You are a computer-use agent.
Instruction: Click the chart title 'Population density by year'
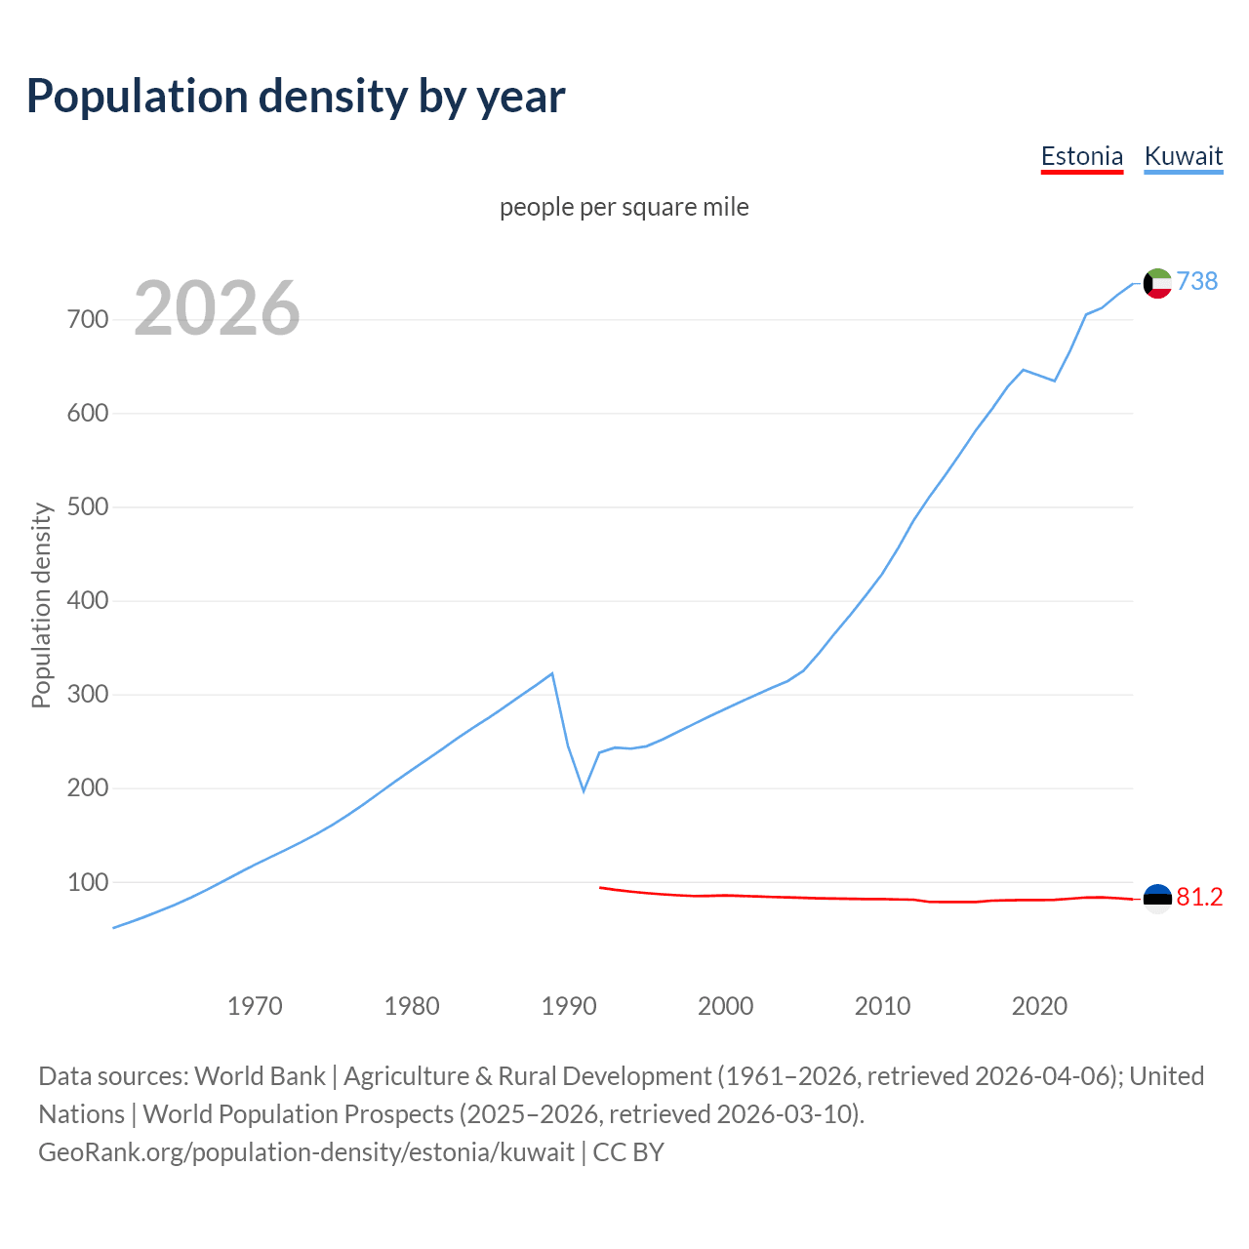(296, 96)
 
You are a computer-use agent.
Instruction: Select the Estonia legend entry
(1081, 156)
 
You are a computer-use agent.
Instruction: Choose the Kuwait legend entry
(1183, 156)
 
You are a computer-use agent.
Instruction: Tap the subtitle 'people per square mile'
(624, 207)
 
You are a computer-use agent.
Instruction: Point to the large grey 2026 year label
(217, 308)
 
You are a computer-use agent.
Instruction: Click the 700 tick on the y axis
(87, 319)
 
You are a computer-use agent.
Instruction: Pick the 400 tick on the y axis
(87, 600)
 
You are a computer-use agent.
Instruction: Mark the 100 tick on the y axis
(87, 882)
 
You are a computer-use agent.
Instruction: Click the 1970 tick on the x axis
(255, 1005)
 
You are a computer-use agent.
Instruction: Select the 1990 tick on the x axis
(569, 1005)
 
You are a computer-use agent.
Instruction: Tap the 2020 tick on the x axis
(1039, 1005)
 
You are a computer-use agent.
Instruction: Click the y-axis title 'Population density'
(41, 605)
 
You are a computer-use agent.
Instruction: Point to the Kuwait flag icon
(1157, 283)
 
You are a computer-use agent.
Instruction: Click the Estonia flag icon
(1157, 898)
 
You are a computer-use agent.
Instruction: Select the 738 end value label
(1197, 281)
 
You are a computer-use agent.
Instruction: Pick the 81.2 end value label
(1199, 898)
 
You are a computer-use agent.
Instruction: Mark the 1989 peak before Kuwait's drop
(552, 673)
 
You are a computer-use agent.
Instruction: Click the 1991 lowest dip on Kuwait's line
(584, 790)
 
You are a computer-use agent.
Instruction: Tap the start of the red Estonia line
(600, 887)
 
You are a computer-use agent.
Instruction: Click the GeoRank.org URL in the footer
(306, 1152)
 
